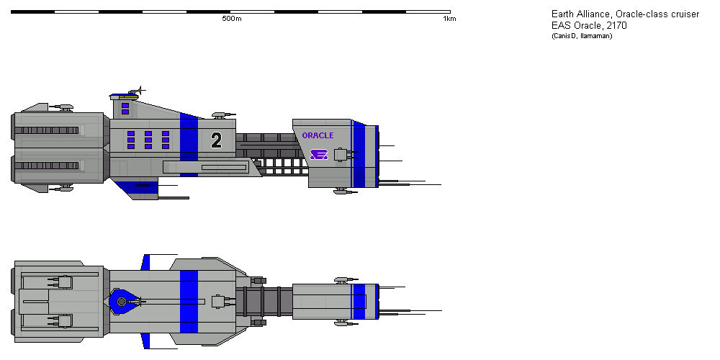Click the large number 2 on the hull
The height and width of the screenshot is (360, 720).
tap(216, 140)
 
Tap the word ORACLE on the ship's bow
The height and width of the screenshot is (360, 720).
tap(318, 135)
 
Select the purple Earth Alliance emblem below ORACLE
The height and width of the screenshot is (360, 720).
tap(318, 154)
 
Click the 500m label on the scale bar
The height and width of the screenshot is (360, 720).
tap(232, 19)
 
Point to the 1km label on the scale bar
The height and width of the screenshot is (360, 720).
tap(449, 19)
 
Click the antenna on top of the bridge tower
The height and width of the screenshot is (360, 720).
tap(140, 91)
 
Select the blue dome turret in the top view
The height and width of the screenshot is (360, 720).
tap(122, 301)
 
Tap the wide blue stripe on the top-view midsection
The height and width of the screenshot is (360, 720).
tap(189, 301)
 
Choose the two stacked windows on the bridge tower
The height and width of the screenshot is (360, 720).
tap(125, 109)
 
